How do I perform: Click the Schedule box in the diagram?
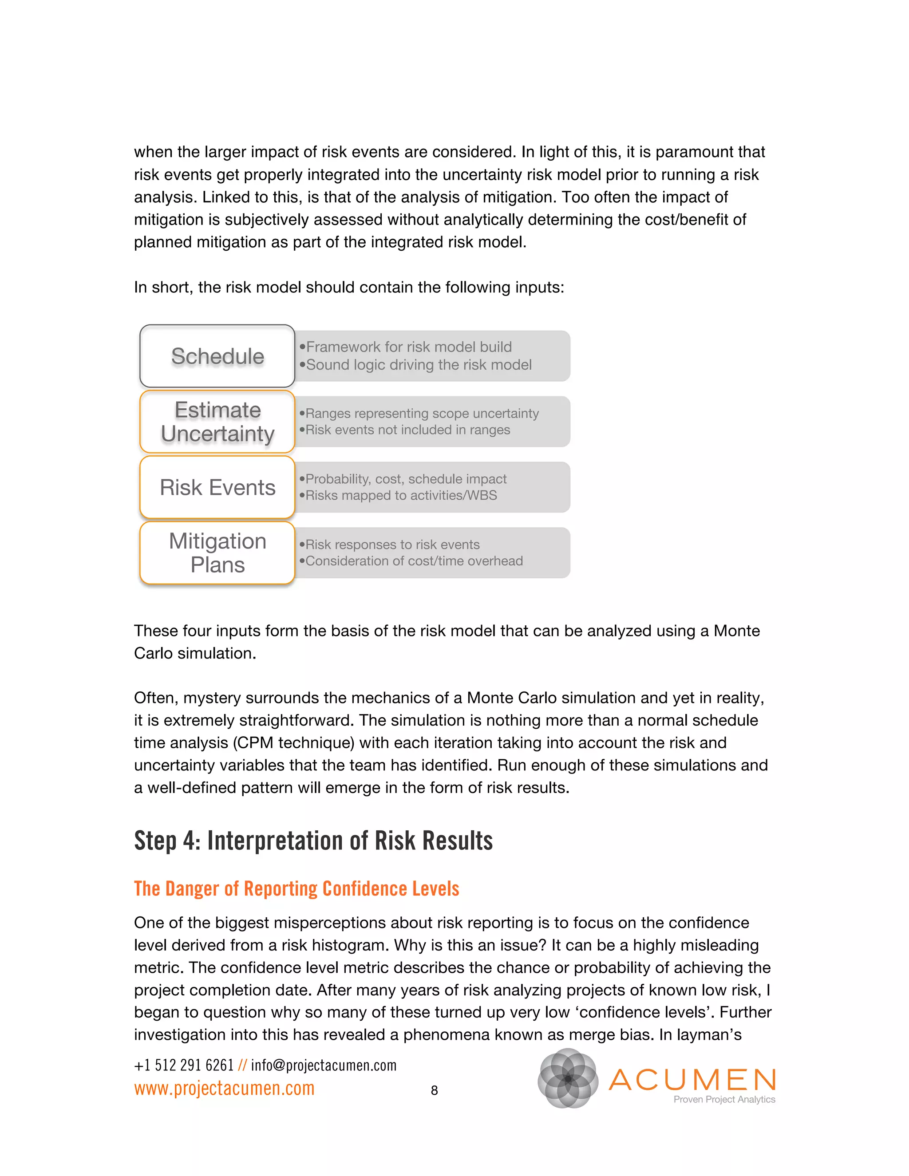click(x=217, y=356)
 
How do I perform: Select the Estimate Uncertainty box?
click(x=217, y=422)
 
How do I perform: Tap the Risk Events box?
click(x=217, y=487)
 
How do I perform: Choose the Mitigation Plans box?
click(x=217, y=552)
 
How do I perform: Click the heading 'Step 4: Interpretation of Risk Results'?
click(x=313, y=841)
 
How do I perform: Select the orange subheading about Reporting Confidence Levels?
click(x=296, y=888)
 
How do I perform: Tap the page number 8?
click(x=434, y=1090)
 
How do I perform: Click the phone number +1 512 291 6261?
click(x=184, y=1065)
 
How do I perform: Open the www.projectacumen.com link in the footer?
click(x=224, y=1088)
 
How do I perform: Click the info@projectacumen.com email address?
click(x=324, y=1065)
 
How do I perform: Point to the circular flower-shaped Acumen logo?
click(x=568, y=1078)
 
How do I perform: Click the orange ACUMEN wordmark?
click(x=692, y=1080)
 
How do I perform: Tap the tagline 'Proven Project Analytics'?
click(x=724, y=1100)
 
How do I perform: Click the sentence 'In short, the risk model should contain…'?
click(x=348, y=287)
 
